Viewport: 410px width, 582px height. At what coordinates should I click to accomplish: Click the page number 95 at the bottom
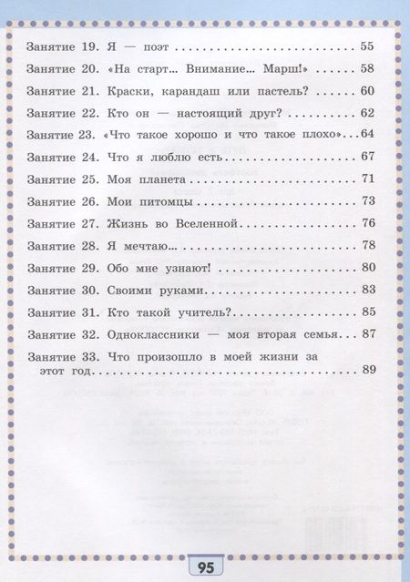point(205,568)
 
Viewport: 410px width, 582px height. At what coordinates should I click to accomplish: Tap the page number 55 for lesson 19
point(369,45)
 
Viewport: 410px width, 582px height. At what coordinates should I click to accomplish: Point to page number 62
point(369,113)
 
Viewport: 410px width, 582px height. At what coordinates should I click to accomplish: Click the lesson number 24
point(87,156)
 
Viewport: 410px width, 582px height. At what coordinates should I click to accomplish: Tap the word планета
point(165,179)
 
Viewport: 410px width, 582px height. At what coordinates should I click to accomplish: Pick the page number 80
point(369,268)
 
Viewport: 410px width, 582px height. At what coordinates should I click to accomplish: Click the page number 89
point(369,370)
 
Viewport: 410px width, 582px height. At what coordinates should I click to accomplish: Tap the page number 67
point(369,157)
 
